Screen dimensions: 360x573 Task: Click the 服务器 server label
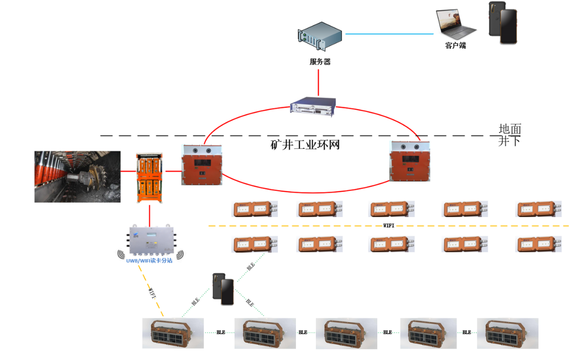tap(320, 62)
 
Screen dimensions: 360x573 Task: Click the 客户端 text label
tap(455, 45)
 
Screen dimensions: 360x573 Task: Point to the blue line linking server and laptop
tap(389, 33)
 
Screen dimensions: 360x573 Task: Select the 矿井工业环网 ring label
tap(305, 145)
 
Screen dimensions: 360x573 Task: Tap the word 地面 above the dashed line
tap(510, 129)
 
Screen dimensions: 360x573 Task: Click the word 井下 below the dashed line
tap(510, 141)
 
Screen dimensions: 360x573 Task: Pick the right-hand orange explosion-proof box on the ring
tap(410, 161)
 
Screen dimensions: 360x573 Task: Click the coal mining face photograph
tap(78, 176)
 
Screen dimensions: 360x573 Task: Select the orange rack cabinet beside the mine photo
tap(149, 178)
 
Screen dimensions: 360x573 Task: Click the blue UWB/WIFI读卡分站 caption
tap(149, 261)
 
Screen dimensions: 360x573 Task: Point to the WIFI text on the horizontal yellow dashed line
tap(389, 225)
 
